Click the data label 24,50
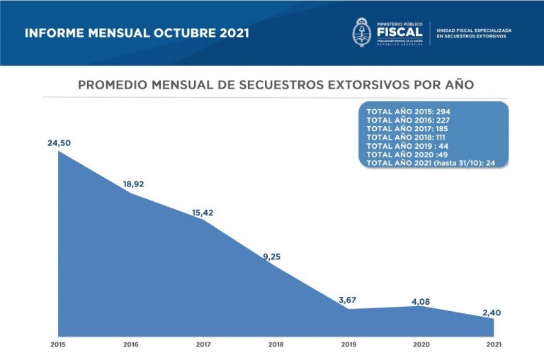[59, 143]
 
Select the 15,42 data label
[205, 212]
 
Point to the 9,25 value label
[271, 257]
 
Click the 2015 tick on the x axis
[59, 344]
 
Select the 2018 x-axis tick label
[276, 344]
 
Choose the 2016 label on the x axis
[131, 344]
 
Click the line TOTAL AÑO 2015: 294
[408, 112]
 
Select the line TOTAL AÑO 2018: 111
[408, 137]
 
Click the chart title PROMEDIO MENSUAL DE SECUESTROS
[276, 85]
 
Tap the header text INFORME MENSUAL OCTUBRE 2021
[137, 33]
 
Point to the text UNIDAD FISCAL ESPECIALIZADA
[474, 30]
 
